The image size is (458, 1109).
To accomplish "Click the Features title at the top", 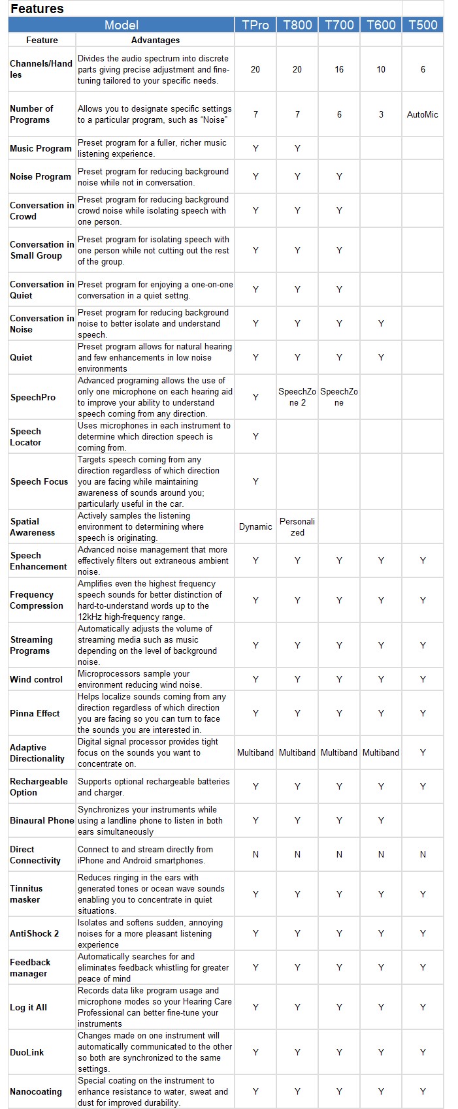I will point(37,8).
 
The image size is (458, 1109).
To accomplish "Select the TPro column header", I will point(255,25).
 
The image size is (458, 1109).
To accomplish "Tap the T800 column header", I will point(297,25).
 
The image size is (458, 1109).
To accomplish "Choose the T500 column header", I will point(423,25).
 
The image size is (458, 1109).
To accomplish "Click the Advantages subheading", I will point(155,40).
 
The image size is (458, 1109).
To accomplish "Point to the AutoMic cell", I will point(423,114).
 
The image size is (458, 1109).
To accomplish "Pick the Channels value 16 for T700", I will point(339,69).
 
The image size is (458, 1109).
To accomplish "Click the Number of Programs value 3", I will point(381,114).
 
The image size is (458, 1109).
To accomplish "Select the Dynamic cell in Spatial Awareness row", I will point(255,526).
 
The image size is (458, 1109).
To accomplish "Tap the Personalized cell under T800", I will point(297,526).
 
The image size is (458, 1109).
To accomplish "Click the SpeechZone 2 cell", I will point(297,397).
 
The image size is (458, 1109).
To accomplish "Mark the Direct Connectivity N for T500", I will point(423,854).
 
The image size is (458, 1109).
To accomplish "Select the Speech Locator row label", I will point(26,436).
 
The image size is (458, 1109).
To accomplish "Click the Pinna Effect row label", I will point(35,713).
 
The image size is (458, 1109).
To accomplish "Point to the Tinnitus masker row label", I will point(26,893).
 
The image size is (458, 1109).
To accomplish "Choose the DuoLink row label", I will point(27,1052).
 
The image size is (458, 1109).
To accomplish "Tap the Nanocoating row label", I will point(36,1091).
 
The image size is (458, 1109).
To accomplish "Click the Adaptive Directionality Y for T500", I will point(423,752).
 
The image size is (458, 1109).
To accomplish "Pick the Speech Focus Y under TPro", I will point(255,481).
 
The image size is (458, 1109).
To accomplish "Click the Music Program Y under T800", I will point(297,148).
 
